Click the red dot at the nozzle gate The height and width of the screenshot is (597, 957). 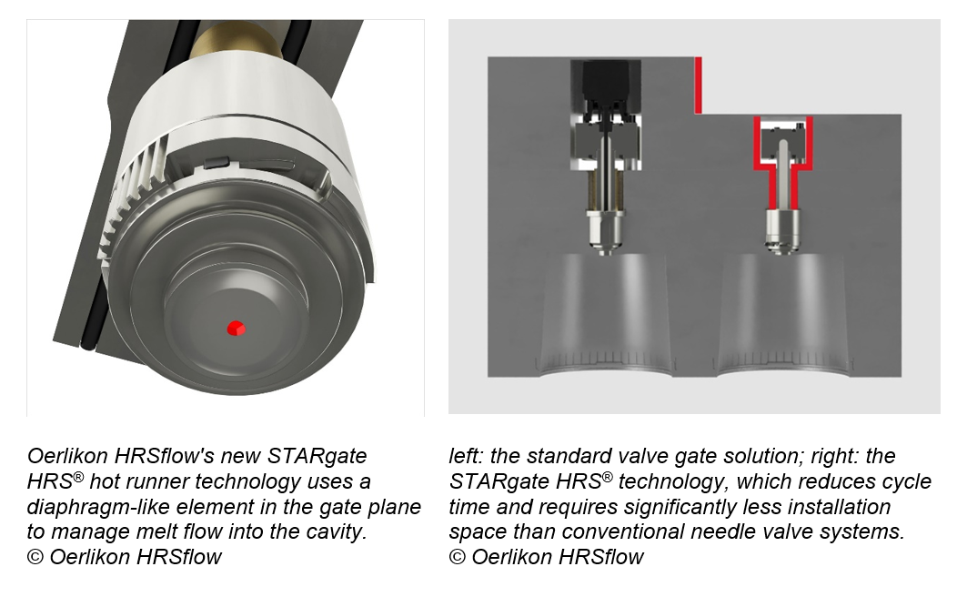[237, 328]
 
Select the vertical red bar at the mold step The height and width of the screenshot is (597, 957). [699, 86]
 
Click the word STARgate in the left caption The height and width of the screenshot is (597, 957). [317, 456]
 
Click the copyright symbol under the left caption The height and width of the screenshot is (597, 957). [35, 557]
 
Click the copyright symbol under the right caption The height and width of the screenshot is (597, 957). [458, 557]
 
